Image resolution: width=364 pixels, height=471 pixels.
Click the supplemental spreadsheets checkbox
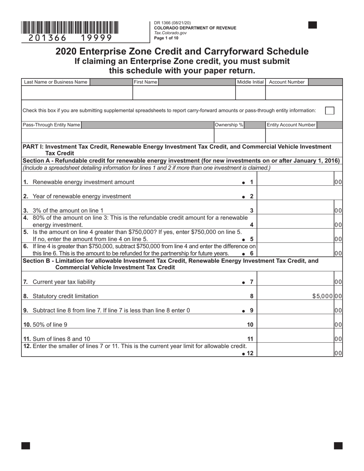329,110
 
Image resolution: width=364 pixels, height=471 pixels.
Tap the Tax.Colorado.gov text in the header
170,33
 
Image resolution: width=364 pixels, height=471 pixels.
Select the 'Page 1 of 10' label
166,38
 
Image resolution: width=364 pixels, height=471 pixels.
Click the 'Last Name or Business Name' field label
56,82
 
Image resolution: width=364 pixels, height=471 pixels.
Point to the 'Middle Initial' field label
250,82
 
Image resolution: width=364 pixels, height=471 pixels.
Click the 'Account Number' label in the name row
287,82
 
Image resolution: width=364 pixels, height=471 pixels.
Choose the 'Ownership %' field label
229,125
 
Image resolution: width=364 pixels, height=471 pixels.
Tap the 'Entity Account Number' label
291,125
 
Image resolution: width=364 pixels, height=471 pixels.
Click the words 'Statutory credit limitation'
66,296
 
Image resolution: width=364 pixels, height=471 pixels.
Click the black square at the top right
313,25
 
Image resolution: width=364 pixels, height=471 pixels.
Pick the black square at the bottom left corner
26,445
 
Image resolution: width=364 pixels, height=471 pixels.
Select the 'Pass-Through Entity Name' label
51,125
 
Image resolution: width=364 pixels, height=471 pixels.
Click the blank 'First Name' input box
184,93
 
